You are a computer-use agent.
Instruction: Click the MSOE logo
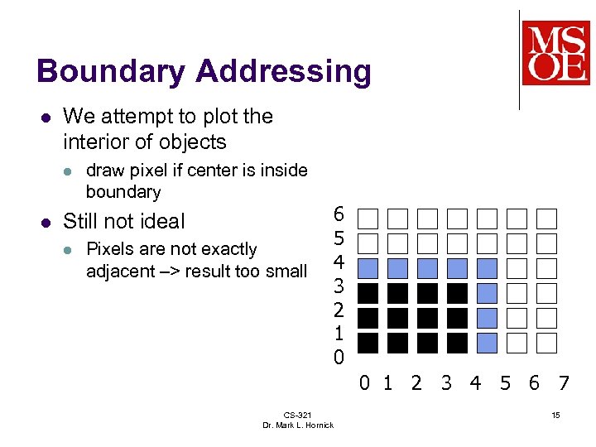pyautogui.click(x=555, y=53)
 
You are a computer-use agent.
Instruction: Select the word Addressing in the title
pyautogui.click(x=283, y=72)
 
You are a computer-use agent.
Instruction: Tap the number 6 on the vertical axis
pyautogui.click(x=338, y=214)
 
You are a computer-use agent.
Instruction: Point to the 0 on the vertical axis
pyautogui.click(x=338, y=358)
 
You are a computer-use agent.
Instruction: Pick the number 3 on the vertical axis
pyautogui.click(x=338, y=286)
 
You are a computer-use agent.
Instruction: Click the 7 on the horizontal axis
pyautogui.click(x=564, y=383)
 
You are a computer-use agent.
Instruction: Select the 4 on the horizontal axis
pyautogui.click(x=475, y=383)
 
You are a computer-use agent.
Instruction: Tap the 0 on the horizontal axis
pyautogui.click(x=364, y=383)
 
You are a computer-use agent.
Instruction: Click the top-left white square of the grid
pyautogui.click(x=368, y=219)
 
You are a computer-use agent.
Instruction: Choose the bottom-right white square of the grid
pyautogui.click(x=546, y=343)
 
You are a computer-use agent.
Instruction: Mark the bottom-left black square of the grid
pyautogui.click(x=368, y=343)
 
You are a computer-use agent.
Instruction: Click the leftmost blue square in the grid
pyautogui.click(x=368, y=268)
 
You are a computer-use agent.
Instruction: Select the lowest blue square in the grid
pyautogui.click(x=488, y=343)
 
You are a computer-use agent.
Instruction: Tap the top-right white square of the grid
pyautogui.click(x=546, y=219)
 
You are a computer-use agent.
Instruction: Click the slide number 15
pyautogui.click(x=555, y=414)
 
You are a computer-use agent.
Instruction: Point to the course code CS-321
pyautogui.click(x=297, y=415)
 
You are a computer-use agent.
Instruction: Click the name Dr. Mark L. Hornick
pyautogui.click(x=298, y=425)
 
